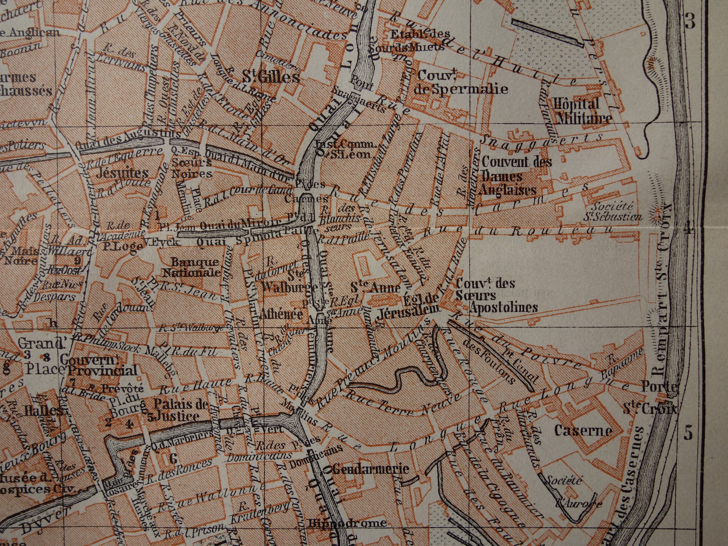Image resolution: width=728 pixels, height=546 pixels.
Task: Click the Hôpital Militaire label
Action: point(583,111)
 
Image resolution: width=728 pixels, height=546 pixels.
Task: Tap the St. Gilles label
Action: point(271,78)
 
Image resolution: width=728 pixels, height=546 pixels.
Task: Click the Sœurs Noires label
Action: point(192,168)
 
